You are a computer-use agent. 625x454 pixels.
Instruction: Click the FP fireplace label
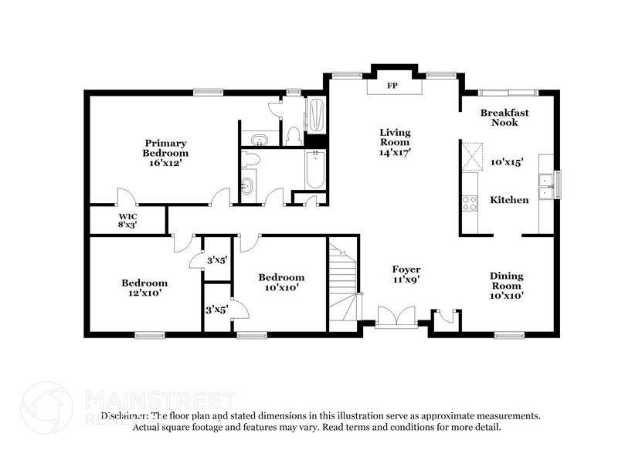[392, 86]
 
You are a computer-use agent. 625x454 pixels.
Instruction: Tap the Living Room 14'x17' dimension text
[395, 153]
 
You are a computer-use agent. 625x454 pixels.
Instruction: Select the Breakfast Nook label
[504, 117]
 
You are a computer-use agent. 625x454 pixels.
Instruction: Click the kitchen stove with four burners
[469, 202]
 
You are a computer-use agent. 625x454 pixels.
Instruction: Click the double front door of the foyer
[392, 318]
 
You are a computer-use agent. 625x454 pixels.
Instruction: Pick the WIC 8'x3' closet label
[127, 220]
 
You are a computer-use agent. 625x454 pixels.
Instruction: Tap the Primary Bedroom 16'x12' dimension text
[165, 153]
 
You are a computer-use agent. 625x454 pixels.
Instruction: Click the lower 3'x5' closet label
[216, 310]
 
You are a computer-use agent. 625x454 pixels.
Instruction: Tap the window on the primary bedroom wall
[208, 92]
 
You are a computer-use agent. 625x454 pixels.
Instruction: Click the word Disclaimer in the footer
[126, 415]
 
